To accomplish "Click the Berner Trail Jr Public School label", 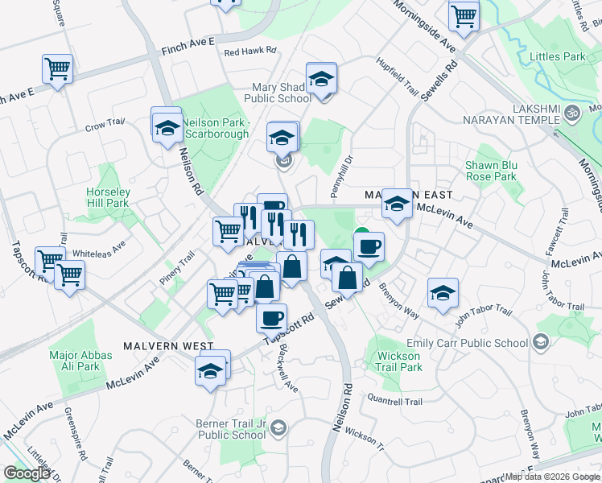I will pyautogui.click(x=231, y=428).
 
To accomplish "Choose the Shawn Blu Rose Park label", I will pyautogui.click(x=490, y=171).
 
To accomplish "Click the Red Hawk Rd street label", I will pyautogui.click(x=250, y=52).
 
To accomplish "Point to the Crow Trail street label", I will pyautogui.click(x=105, y=125).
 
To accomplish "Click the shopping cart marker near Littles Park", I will pyautogui.click(x=464, y=15).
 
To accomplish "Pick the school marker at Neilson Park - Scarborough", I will pyautogui.click(x=167, y=126).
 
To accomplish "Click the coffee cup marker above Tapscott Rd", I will pyautogui.click(x=271, y=316).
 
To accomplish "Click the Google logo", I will pyautogui.click(x=27, y=473).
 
